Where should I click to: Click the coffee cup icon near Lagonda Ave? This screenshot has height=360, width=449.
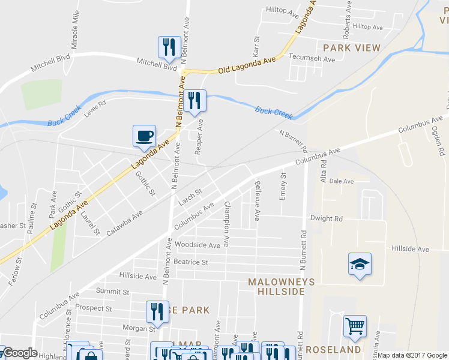144,136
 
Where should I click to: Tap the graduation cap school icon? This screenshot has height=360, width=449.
360,263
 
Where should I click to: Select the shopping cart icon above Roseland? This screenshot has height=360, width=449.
355,326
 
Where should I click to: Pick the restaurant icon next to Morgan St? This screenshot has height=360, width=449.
157,311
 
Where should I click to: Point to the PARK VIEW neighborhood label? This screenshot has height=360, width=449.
352,47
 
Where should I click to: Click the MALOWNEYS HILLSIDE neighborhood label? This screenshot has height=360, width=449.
277,286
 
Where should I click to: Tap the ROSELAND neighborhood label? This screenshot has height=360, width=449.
333,349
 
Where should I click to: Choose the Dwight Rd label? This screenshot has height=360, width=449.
326,219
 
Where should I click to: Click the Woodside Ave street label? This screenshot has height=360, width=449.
197,245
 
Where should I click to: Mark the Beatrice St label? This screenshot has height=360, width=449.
190,262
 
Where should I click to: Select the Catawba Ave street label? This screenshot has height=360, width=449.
125,223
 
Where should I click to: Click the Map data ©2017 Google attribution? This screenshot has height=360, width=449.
412,355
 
